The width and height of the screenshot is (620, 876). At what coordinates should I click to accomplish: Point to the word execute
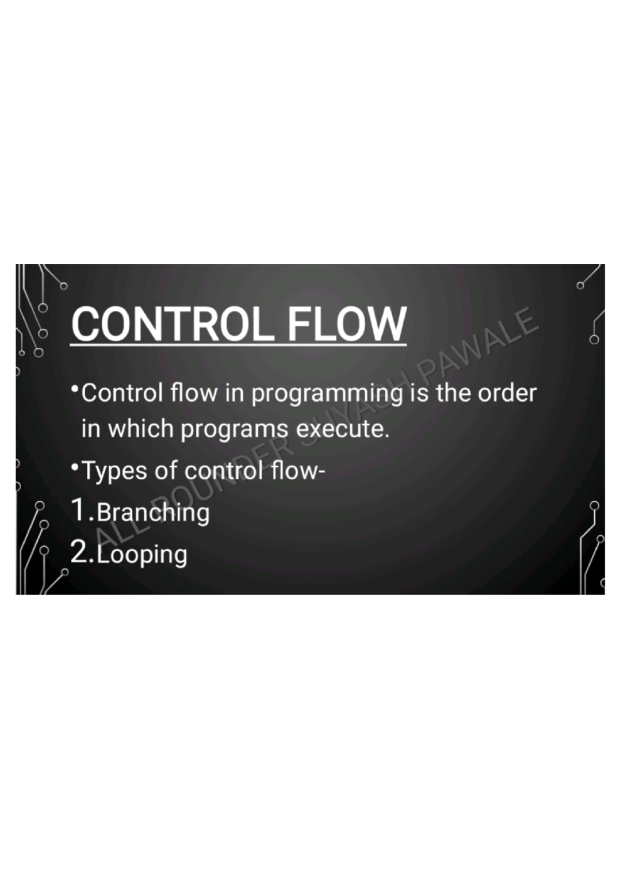pyautogui.click(x=343, y=429)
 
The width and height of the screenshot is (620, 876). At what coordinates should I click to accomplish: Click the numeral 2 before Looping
pyautogui.click(x=80, y=552)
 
